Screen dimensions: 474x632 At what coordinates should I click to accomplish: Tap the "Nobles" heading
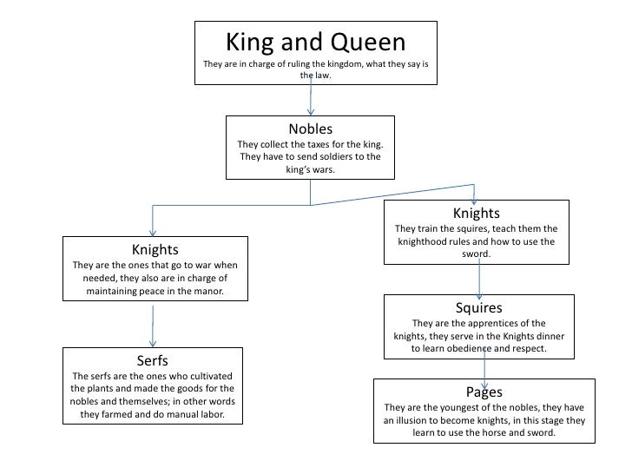coord(311,129)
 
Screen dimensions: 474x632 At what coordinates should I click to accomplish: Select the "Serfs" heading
coord(153,360)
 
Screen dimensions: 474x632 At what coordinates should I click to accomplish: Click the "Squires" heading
coord(478,307)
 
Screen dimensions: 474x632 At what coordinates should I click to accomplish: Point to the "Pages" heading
coord(484,392)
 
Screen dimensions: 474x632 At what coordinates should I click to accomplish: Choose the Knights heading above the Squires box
coord(477,213)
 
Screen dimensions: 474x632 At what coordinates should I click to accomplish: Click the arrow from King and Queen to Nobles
coord(311,100)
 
